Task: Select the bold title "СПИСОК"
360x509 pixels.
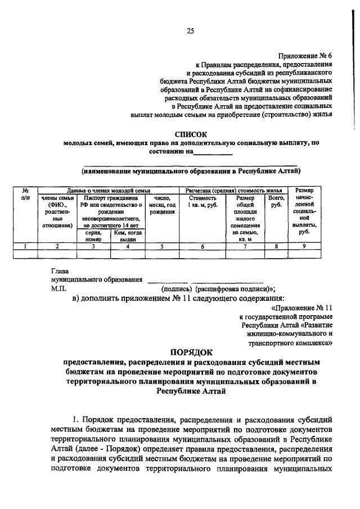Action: [190, 134]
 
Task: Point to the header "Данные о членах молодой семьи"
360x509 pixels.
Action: [107, 191]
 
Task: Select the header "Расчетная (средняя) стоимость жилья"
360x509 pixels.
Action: [233, 191]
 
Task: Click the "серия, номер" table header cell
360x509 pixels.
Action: [93, 235]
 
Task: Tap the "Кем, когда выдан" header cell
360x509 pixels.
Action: [128, 235]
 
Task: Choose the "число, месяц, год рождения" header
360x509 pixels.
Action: [162, 205]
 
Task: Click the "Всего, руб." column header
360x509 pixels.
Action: [276, 201]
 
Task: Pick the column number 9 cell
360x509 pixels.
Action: [304, 246]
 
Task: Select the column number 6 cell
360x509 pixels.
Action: [202, 246]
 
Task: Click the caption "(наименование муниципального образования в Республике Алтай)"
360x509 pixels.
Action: [190, 170]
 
